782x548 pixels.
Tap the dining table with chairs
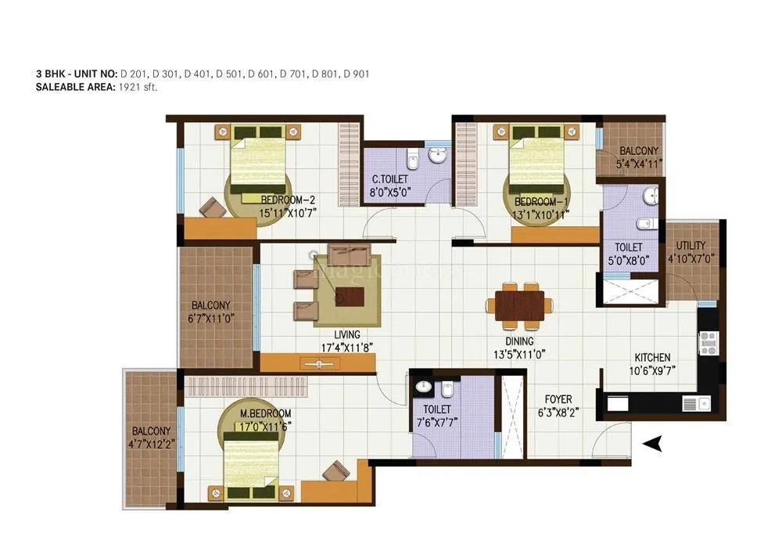(519, 305)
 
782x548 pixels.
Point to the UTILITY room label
(691, 246)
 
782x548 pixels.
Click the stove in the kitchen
(708, 342)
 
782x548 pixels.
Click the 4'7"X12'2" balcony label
(152, 444)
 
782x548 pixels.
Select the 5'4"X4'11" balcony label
(640, 164)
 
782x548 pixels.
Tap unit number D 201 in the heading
(132, 74)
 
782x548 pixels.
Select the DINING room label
(518, 341)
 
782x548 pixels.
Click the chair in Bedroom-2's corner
(213, 207)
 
